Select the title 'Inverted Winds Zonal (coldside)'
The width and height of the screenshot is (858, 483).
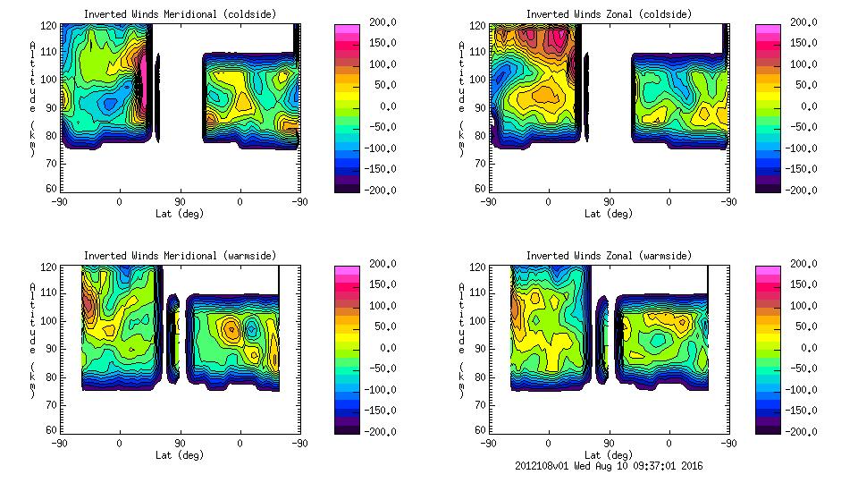pos(609,14)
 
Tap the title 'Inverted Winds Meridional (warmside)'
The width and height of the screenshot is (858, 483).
pos(181,256)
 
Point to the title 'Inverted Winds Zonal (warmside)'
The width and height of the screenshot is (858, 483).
pos(609,256)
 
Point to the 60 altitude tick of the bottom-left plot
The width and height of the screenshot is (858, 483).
pos(53,430)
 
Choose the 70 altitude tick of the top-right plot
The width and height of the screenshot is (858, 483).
pos(481,163)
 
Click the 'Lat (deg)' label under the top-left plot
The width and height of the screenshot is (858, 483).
pos(181,214)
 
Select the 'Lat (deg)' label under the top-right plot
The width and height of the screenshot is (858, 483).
pos(609,214)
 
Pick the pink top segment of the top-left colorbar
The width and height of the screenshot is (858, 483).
pos(346,30)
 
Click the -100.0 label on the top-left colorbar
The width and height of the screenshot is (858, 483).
pos(378,148)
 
